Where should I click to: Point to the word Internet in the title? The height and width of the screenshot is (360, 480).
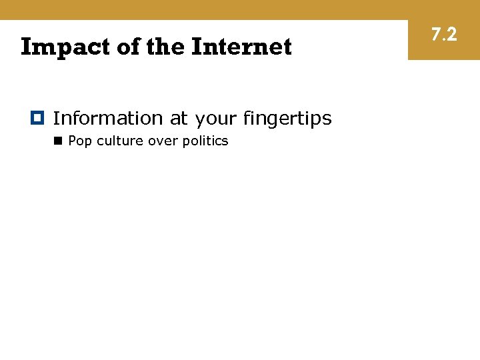click(x=241, y=47)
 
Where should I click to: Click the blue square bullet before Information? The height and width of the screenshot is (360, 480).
click(x=37, y=118)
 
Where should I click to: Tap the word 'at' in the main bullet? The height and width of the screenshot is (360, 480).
click(x=179, y=119)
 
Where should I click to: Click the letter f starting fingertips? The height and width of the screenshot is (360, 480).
click(x=247, y=118)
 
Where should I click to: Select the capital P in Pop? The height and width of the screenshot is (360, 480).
click(x=72, y=141)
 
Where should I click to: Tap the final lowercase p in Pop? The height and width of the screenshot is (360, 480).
click(x=88, y=142)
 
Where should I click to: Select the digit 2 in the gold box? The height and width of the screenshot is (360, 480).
click(x=451, y=34)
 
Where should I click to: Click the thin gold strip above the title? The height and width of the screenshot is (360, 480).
click(x=200, y=9)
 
